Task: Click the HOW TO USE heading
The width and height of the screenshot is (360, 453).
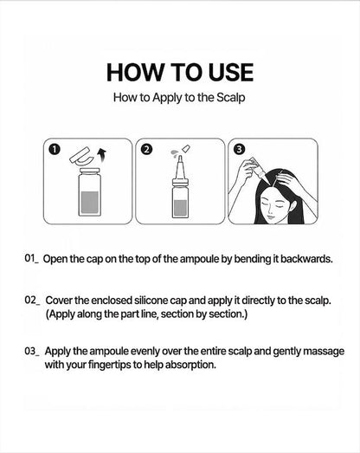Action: [x=180, y=72]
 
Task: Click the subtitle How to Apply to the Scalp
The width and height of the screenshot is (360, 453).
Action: [x=179, y=98]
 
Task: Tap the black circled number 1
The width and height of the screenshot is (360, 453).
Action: [x=55, y=149]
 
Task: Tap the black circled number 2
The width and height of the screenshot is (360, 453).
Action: [x=147, y=149]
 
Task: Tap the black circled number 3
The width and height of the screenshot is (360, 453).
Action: [x=240, y=149]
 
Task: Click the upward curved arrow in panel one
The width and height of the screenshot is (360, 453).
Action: [x=101, y=155]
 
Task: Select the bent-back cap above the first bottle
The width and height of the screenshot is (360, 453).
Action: [x=81, y=157]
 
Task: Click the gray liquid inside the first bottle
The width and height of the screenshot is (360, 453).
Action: [x=89, y=202]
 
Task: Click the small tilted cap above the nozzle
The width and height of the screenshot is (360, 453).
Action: [x=186, y=149]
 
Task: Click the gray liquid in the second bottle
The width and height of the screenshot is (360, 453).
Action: [x=181, y=208]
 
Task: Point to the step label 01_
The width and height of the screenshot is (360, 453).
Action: [x=31, y=258]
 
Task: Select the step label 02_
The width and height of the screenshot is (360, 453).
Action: [x=32, y=301]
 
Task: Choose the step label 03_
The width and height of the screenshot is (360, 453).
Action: [x=32, y=352]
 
